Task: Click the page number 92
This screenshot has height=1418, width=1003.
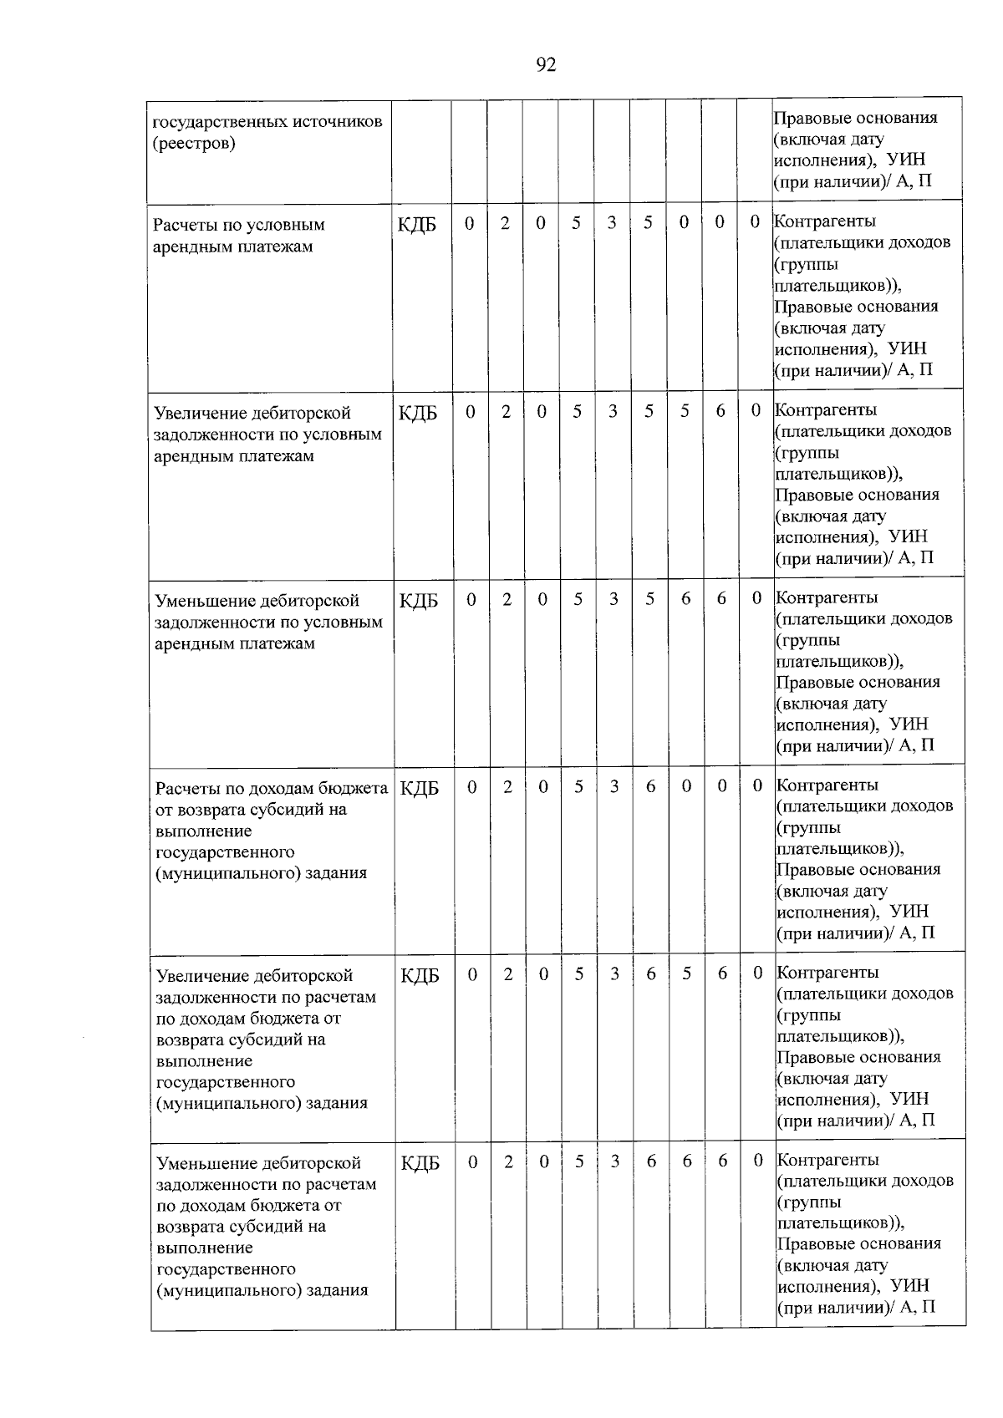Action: [x=546, y=64]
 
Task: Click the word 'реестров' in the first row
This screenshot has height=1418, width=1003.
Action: [x=193, y=143]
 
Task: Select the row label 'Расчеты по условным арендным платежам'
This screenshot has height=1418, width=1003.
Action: [x=239, y=236]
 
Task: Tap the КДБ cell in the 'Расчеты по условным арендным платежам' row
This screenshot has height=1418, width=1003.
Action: [x=418, y=225]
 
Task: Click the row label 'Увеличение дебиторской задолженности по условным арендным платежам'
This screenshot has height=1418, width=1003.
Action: [x=267, y=434]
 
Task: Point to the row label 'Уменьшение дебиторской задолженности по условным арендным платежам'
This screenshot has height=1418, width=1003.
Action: [x=268, y=622]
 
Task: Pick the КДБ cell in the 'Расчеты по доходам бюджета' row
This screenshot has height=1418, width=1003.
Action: [x=420, y=788]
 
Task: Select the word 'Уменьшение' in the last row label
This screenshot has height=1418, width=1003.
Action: [x=206, y=1163]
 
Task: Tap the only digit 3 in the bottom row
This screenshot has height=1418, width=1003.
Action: [x=614, y=1161]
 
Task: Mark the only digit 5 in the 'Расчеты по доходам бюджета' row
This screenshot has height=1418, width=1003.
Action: [x=578, y=785]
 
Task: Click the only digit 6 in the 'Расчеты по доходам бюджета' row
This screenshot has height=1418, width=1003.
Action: [x=650, y=785]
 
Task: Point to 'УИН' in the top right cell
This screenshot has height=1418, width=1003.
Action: [x=908, y=160]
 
